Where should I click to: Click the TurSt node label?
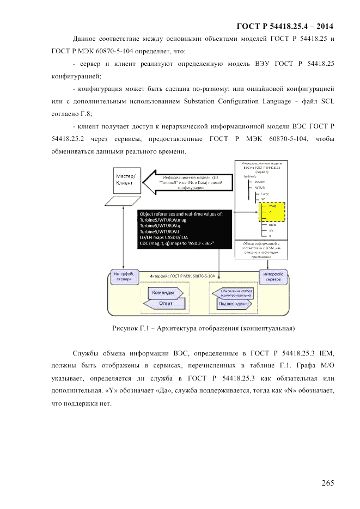pyautogui.click(x=265, y=194)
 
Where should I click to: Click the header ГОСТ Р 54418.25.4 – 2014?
pyautogui.click(x=285, y=26)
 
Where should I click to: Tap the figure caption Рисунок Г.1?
pyautogui.click(x=203, y=329)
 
